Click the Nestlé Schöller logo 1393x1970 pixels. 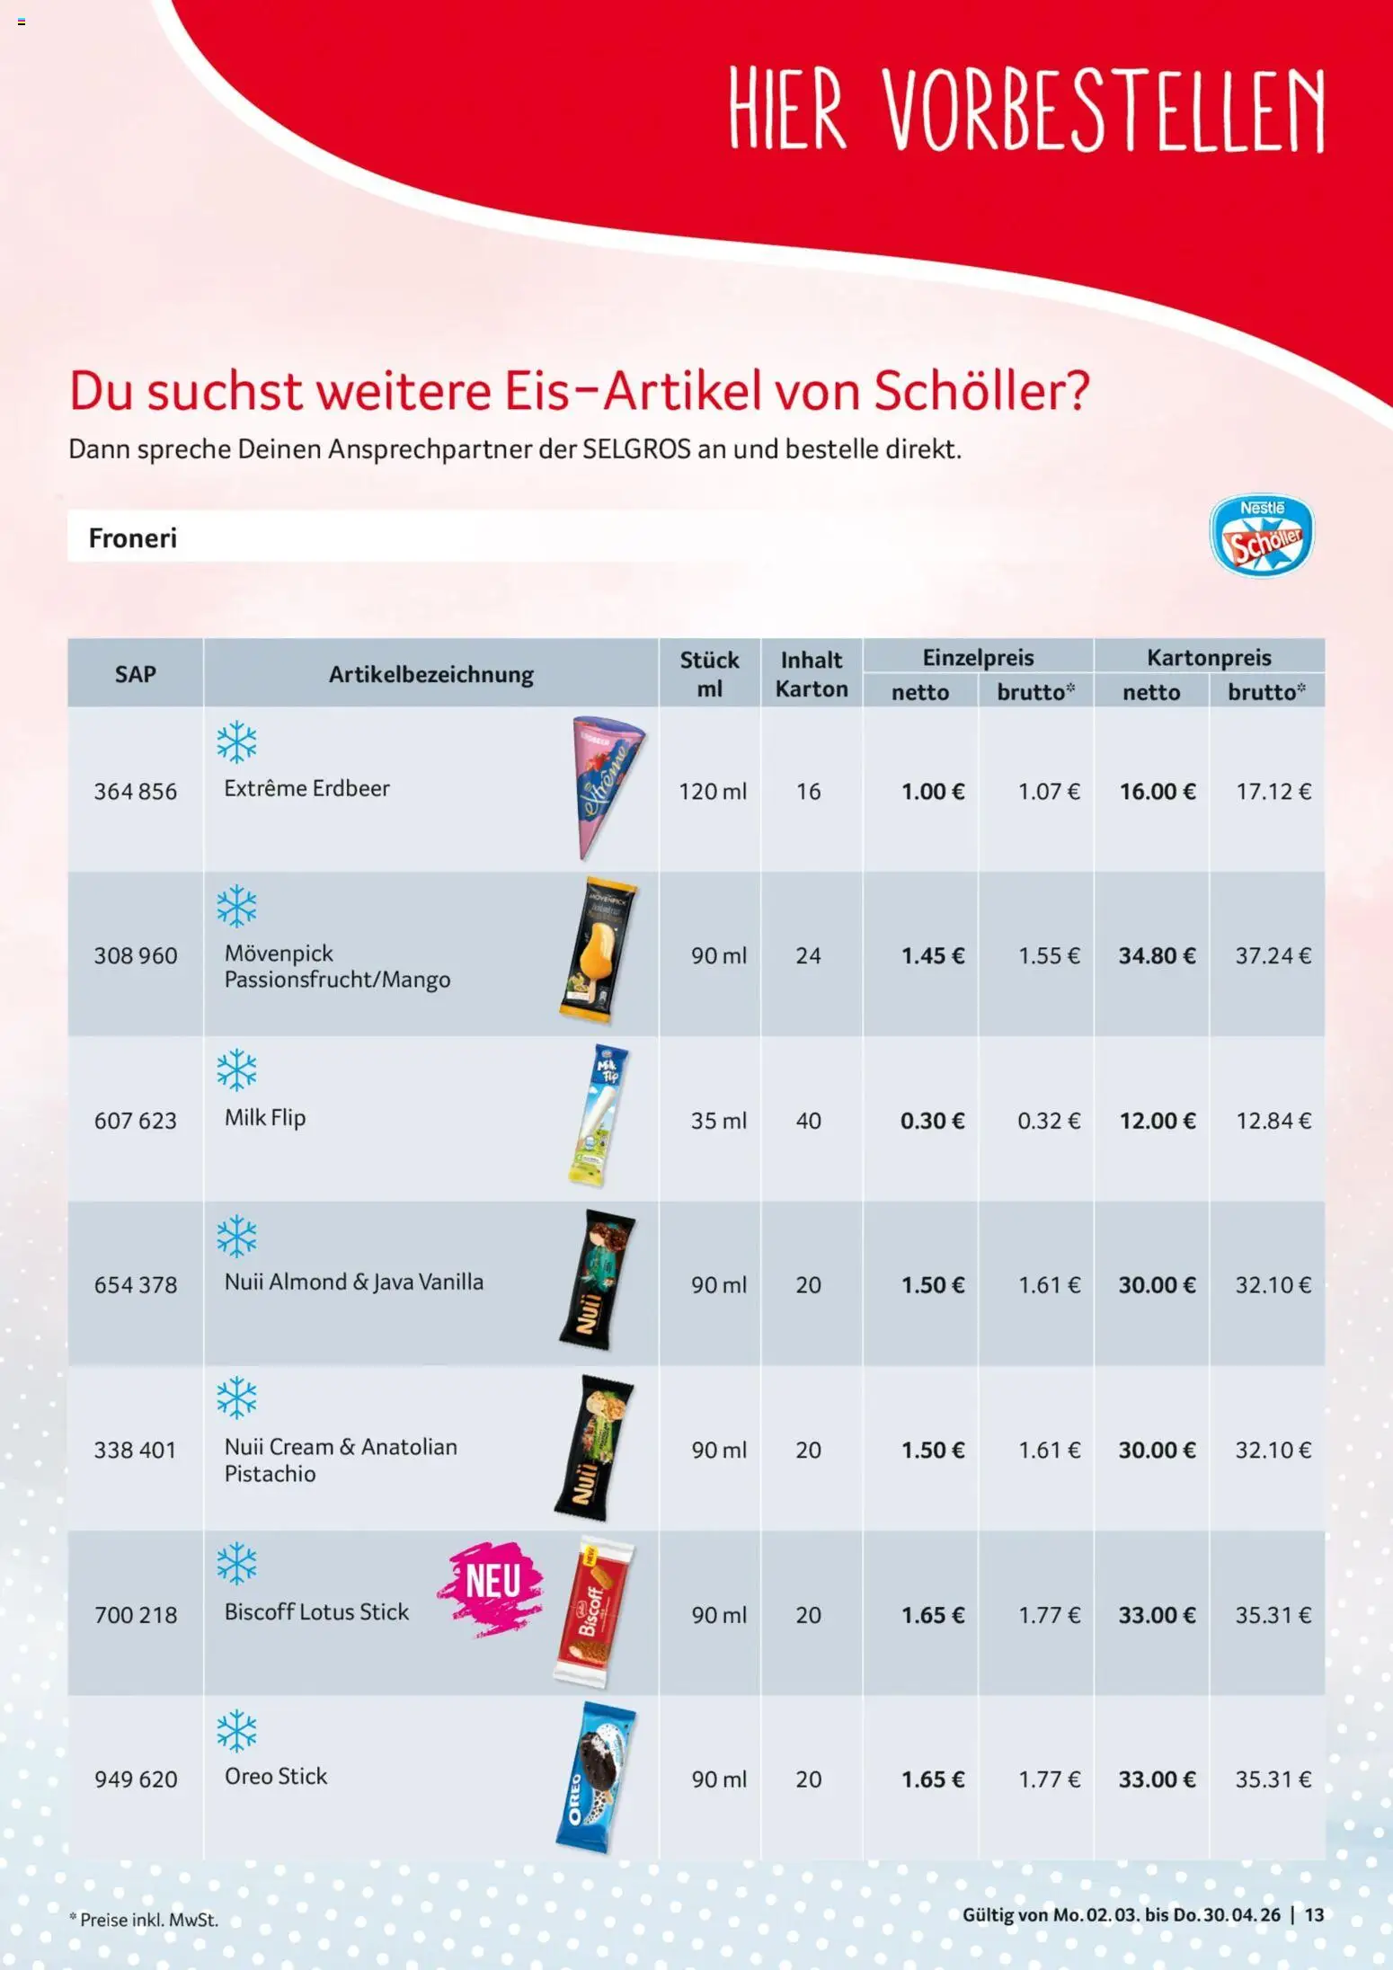1261,536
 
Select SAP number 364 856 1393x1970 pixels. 136,791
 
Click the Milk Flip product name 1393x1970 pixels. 265,1117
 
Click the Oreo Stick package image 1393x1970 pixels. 595,1776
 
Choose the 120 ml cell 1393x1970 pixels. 712,791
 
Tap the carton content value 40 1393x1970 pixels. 808,1120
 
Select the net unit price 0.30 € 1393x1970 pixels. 932,1120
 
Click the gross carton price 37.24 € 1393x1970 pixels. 1273,955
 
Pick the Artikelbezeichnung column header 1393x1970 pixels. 430,674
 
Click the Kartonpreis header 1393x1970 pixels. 1208,657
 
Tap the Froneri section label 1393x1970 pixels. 133,537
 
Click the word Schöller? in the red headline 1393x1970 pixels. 981,391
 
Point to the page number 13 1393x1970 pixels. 1314,1914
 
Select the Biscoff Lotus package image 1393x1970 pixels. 593,1611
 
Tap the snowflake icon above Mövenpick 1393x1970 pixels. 236,906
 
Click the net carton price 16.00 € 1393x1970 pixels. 1157,791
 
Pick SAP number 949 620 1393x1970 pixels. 136,1779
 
